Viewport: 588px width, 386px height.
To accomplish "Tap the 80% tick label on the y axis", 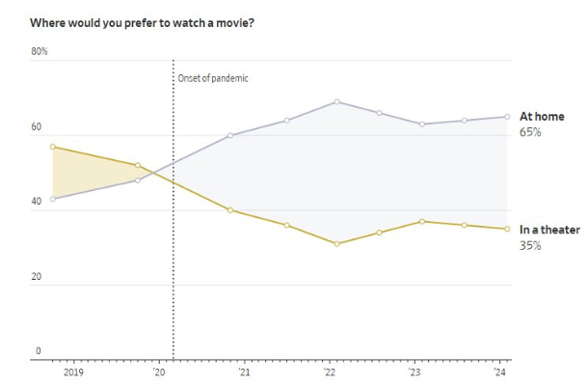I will (40, 51).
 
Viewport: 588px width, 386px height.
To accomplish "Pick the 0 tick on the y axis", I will (39, 351).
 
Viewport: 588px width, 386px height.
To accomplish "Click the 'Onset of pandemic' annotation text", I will (213, 78).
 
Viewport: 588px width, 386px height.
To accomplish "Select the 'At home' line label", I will (541, 117).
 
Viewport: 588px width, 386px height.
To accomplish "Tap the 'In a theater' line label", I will (549, 230).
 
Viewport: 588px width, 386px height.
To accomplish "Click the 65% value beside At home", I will (530, 131).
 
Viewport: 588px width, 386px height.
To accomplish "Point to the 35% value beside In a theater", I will (530, 245).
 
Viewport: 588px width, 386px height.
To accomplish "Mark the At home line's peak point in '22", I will (336, 101).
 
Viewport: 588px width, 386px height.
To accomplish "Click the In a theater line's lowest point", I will (336, 244).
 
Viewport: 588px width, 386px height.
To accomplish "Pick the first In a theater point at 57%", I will (52, 147).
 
